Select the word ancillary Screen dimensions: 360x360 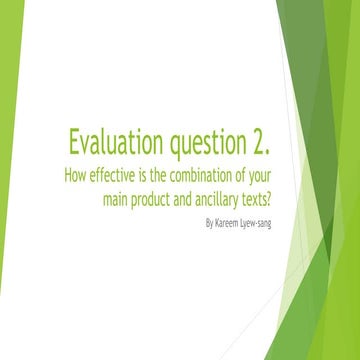coord(228,197)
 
